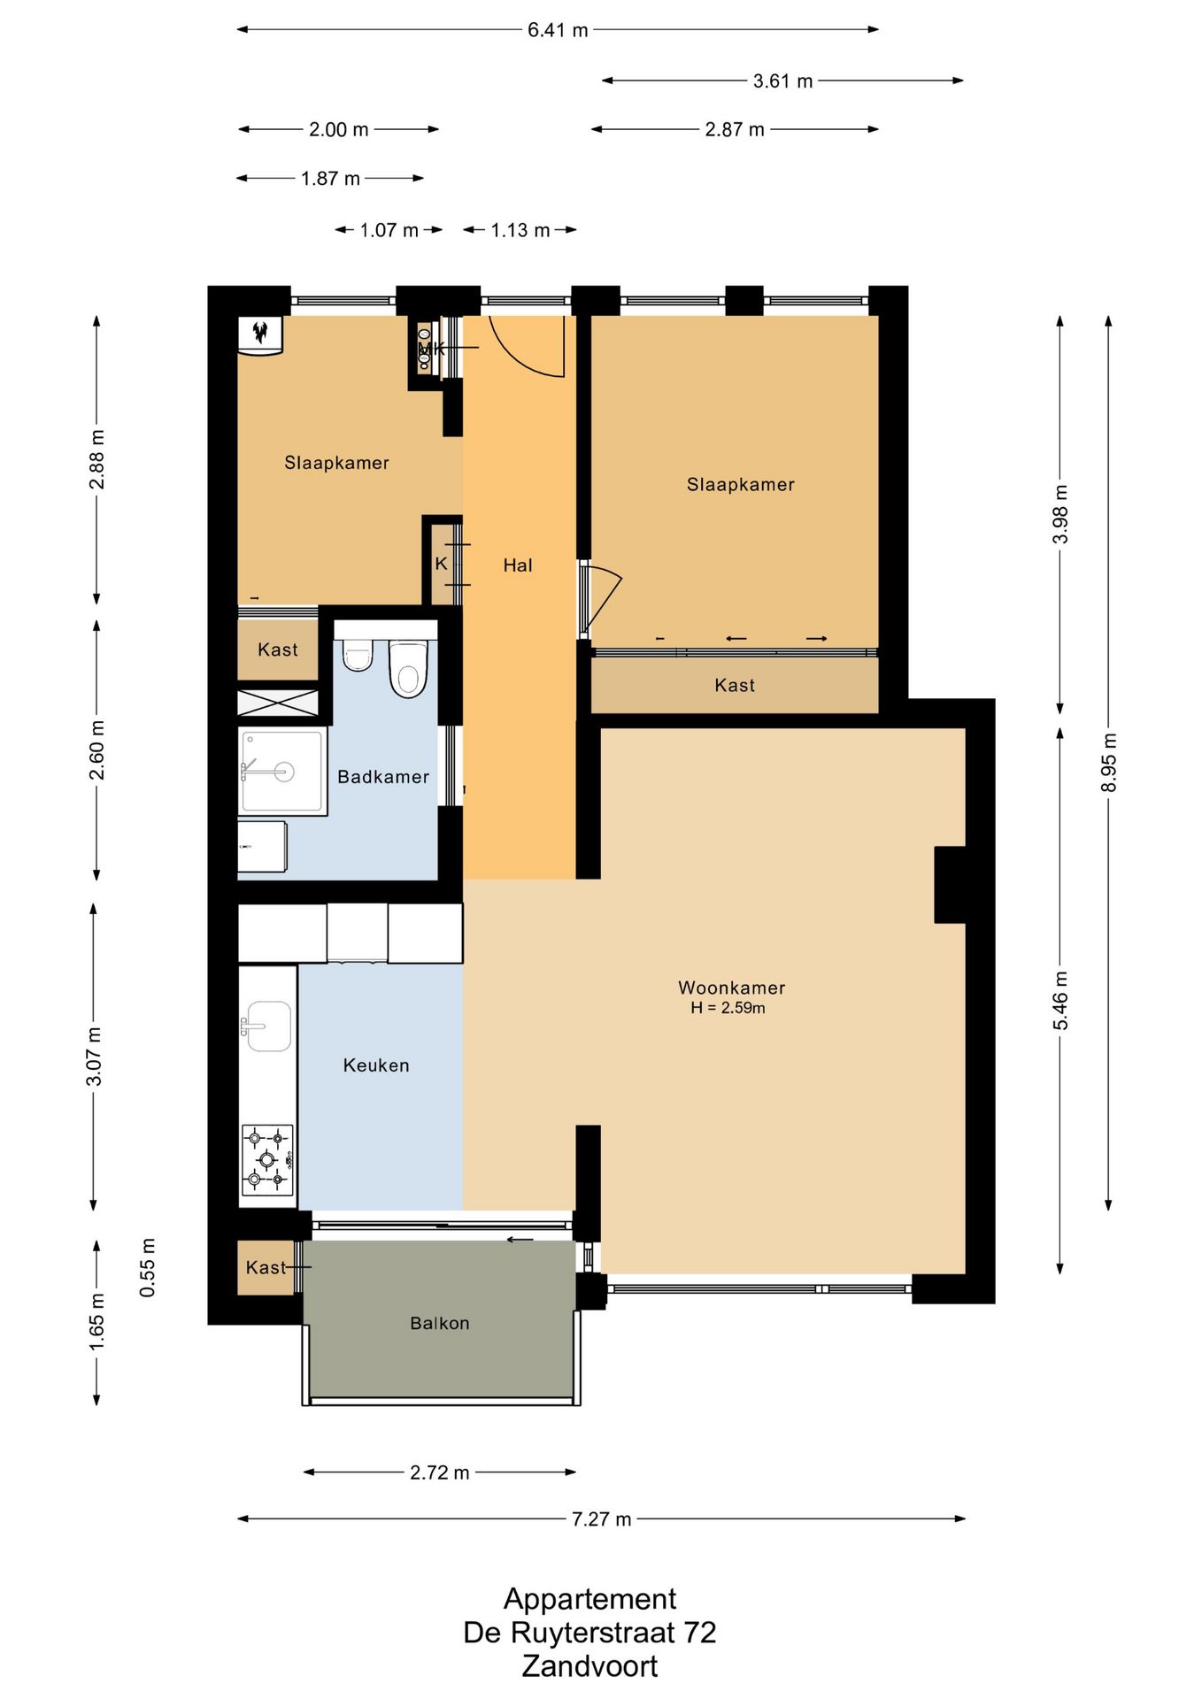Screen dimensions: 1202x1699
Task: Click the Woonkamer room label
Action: (731, 988)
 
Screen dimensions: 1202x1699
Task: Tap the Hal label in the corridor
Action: (518, 565)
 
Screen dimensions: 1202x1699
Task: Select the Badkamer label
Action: (383, 777)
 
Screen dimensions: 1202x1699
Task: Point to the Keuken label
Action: (376, 1065)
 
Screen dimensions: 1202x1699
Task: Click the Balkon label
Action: (440, 1323)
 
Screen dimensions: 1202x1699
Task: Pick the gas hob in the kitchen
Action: (267, 1159)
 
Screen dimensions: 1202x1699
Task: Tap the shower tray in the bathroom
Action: (282, 771)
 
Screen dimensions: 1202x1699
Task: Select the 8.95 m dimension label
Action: (1108, 763)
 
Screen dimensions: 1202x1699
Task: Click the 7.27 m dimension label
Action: (601, 1519)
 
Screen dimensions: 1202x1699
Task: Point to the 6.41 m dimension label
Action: (558, 30)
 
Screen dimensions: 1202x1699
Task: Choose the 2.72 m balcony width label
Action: (439, 1472)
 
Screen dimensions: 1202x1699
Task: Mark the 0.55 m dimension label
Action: (148, 1268)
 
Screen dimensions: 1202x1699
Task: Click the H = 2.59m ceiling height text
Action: (728, 1008)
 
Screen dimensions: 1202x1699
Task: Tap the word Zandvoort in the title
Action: (589, 1666)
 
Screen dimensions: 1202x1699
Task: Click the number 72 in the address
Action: (700, 1633)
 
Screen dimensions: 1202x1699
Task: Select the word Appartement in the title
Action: (589, 1600)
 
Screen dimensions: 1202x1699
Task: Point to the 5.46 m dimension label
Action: (1060, 1001)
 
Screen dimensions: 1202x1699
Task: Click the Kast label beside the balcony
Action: (266, 1267)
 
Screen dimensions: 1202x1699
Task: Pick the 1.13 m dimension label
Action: (520, 230)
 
